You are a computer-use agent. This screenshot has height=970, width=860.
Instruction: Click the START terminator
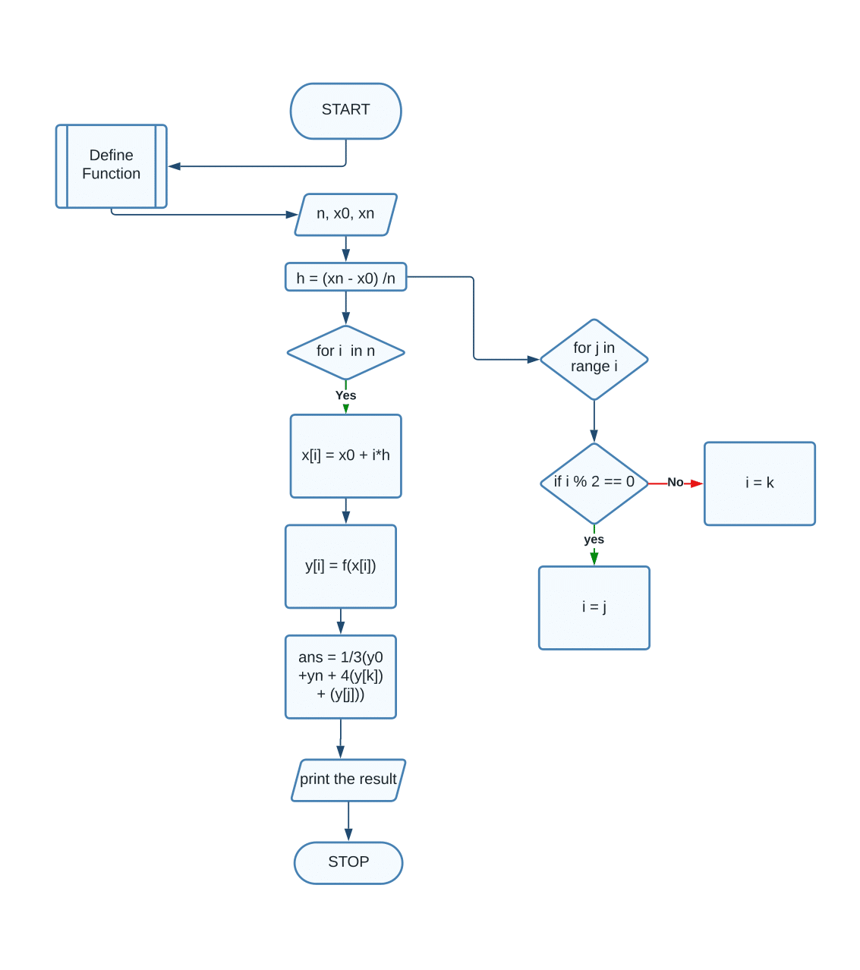click(345, 111)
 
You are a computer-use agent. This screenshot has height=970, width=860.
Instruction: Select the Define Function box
click(111, 165)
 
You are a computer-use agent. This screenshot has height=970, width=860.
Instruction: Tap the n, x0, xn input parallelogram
click(345, 214)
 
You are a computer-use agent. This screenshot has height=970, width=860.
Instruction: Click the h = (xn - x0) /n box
click(345, 278)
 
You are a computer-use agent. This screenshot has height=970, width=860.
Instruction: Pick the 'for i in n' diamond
click(345, 351)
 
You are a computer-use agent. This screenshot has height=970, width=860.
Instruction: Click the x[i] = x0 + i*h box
click(345, 455)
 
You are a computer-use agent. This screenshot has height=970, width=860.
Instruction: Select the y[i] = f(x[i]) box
click(340, 566)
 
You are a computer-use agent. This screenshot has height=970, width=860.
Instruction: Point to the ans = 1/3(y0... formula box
click(340, 676)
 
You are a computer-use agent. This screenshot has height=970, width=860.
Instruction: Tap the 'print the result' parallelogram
click(348, 779)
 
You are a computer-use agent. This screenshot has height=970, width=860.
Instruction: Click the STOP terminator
click(348, 862)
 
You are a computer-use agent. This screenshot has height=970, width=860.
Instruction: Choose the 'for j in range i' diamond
click(594, 358)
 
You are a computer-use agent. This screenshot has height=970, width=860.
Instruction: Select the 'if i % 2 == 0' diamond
click(594, 483)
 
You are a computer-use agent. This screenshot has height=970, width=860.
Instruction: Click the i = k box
click(759, 483)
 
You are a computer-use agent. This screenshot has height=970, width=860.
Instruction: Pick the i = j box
click(594, 607)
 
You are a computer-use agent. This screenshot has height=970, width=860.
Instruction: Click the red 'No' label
click(675, 483)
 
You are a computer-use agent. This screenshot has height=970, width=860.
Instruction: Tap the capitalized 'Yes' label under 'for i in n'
click(345, 395)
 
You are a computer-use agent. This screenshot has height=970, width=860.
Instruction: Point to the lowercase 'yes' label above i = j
click(594, 540)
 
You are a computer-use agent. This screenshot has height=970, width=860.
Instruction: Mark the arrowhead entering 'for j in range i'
click(533, 359)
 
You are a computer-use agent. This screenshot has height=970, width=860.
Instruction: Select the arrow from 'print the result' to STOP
click(348, 821)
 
